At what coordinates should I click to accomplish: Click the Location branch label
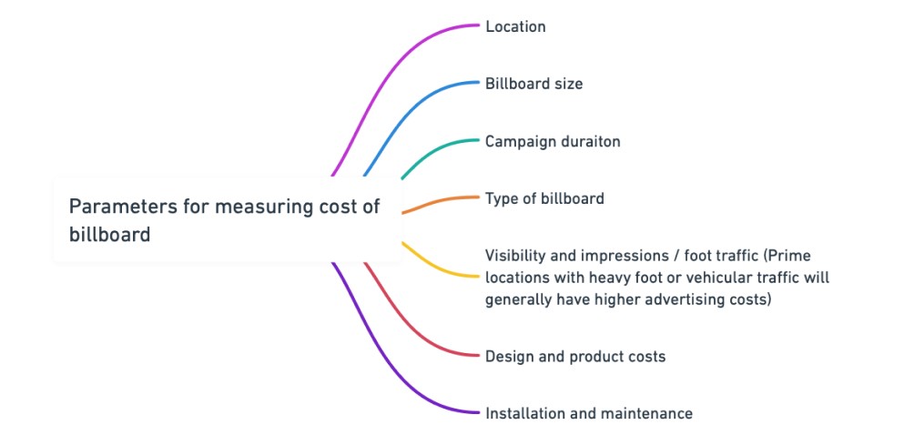pos(515,26)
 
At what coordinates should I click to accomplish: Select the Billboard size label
pos(533,84)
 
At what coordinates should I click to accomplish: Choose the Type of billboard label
pos(544,197)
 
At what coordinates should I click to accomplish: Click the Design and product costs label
pos(575,356)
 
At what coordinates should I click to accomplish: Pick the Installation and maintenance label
pos(588,413)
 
